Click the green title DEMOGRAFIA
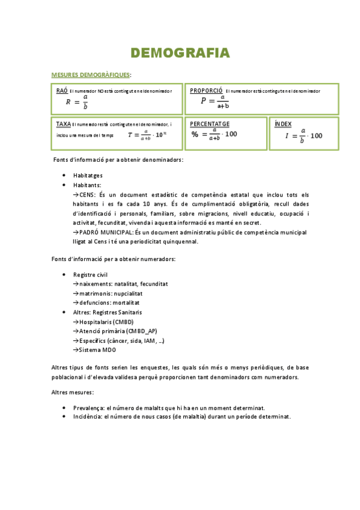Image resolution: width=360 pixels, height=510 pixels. (x=180, y=54)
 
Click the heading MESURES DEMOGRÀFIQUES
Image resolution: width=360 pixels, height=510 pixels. (x=90, y=75)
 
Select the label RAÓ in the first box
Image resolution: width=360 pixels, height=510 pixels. (x=61, y=90)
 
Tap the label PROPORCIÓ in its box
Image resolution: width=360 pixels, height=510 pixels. (x=206, y=90)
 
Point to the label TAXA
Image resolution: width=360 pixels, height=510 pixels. (x=63, y=124)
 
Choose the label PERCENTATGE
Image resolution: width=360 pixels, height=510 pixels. (x=210, y=123)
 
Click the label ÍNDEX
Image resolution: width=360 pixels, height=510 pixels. (x=282, y=124)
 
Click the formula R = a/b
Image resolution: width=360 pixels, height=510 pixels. (x=78, y=102)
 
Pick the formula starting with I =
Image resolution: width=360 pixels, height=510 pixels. (x=304, y=135)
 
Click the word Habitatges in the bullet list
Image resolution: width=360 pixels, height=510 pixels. (x=88, y=175)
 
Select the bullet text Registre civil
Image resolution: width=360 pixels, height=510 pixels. (x=91, y=274)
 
